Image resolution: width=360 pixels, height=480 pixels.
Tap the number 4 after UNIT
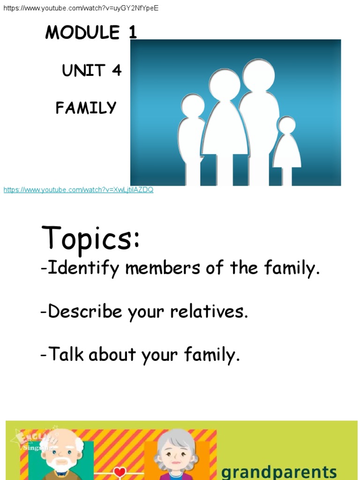pyautogui.click(x=116, y=70)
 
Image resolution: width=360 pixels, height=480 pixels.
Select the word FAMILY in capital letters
pyautogui.click(x=86, y=108)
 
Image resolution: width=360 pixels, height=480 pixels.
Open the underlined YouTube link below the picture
pyautogui.click(x=78, y=190)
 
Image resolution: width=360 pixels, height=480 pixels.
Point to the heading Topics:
pyautogui.click(x=90, y=238)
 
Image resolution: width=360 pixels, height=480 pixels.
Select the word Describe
pyautogui.click(x=85, y=312)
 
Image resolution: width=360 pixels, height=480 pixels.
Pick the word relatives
pyautogui.click(x=209, y=312)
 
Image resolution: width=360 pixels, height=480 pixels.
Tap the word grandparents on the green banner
pyautogui.click(x=278, y=471)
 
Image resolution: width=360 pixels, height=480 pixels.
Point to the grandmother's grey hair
pyautogui.click(x=176, y=438)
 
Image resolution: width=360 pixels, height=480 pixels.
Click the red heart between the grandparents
pyautogui.click(x=120, y=472)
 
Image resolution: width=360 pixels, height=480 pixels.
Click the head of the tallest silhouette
pyautogui.click(x=258, y=75)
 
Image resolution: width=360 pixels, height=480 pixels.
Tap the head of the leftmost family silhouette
pyautogui.click(x=193, y=105)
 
